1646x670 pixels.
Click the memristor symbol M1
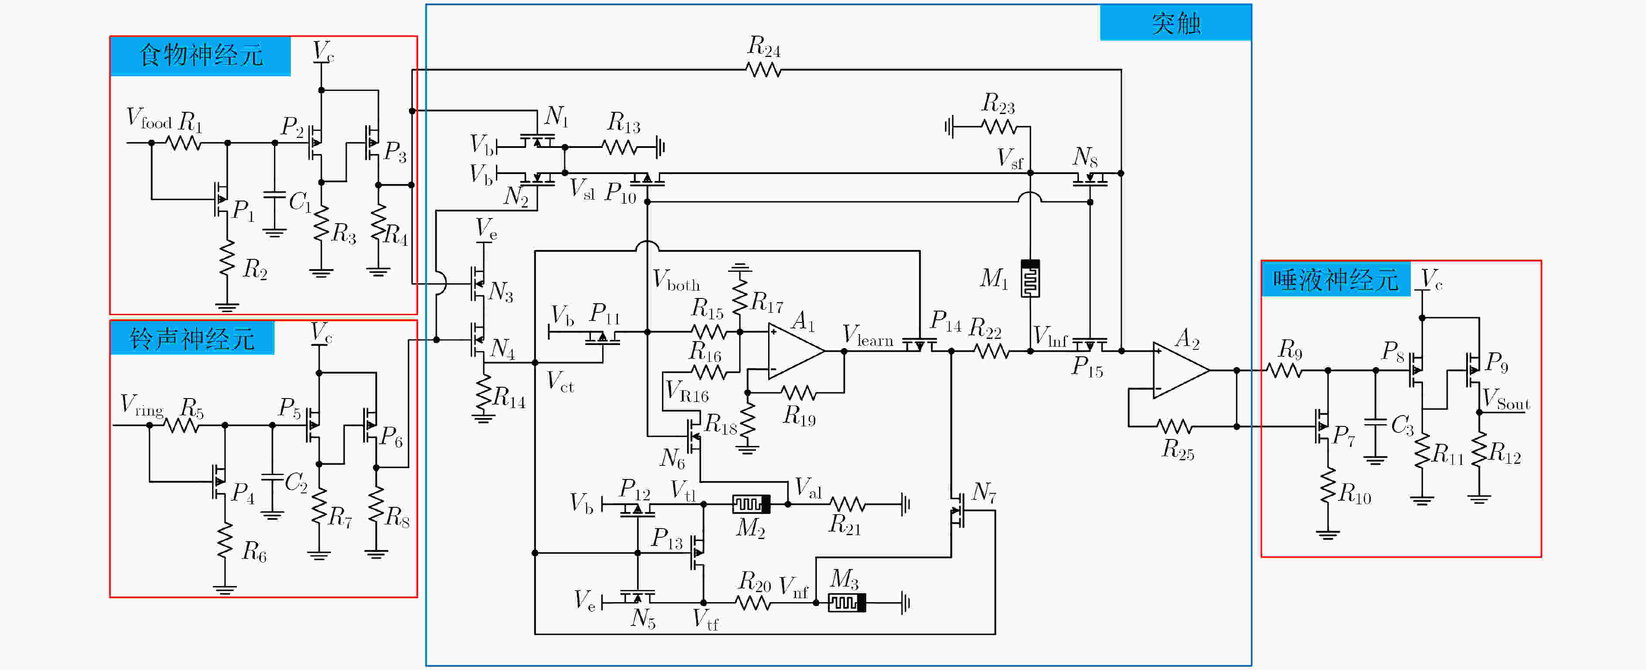pyautogui.click(x=1030, y=278)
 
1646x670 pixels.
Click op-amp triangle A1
pyautogui.click(x=796, y=351)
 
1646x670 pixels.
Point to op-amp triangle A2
pyautogui.click(x=1181, y=370)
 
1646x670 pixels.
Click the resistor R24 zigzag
pyautogui.click(x=764, y=70)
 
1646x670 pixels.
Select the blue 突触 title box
pyautogui.click(x=1176, y=22)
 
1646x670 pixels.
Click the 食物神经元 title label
pyautogui.click(x=201, y=56)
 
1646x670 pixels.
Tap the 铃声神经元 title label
pyautogui.click(x=192, y=338)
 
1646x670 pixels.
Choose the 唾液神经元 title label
pyautogui.click(x=1336, y=280)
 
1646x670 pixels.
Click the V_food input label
pyautogui.click(x=149, y=118)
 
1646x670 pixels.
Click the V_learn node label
pyautogui.click(x=868, y=336)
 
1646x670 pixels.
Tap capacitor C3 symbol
pyautogui.click(x=1375, y=422)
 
